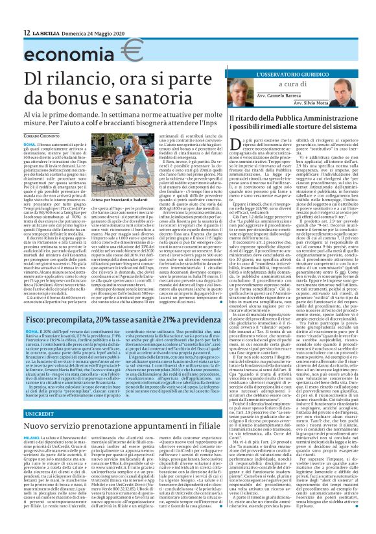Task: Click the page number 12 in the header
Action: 27,32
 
